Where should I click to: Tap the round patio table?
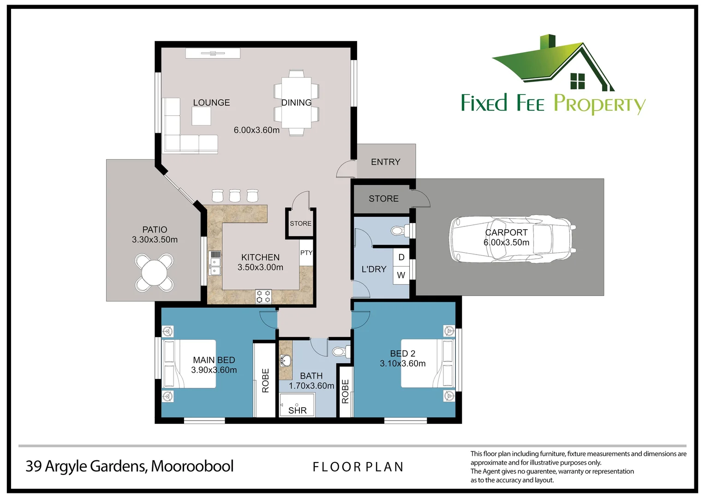[154, 273]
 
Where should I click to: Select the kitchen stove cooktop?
[263, 296]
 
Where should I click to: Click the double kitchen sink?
[215, 267]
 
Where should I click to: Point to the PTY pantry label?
[306, 253]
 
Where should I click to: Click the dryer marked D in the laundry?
[401, 257]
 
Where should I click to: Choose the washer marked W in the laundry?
[401, 275]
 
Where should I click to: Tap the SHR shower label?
[298, 410]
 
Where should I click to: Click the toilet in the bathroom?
[341, 351]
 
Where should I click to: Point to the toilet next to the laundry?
[400, 231]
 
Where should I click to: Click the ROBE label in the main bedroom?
[265, 381]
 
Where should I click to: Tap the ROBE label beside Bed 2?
[345, 391]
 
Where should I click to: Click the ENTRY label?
[386, 162]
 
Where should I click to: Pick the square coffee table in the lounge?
[201, 116]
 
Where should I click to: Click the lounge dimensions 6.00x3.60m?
[257, 130]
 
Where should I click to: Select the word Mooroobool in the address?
[192, 466]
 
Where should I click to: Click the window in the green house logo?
[578, 81]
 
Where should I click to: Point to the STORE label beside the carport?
[384, 198]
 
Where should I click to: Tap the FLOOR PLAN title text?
[358, 467]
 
